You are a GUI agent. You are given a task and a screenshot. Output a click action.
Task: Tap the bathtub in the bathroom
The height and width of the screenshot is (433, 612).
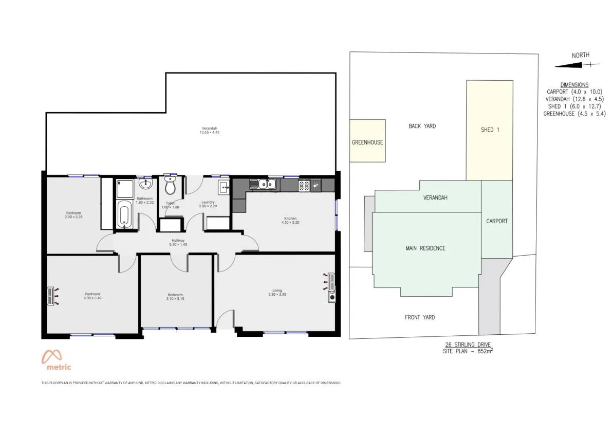click(123, 214)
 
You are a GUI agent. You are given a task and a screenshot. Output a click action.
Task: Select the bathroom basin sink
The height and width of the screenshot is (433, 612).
click(146, 184)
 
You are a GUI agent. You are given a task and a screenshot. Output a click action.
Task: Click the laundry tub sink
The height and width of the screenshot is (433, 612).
click(224, 187)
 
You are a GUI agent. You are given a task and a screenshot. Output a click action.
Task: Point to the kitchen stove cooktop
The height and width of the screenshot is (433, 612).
click(304, 185)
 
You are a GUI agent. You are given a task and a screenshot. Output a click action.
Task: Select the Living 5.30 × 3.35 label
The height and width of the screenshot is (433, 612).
click(277, 292)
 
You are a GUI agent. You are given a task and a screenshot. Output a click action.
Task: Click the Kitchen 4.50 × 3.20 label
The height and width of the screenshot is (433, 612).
click(290, 220)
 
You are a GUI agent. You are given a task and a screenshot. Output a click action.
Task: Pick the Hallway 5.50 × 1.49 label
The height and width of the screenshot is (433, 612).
click(178, 242)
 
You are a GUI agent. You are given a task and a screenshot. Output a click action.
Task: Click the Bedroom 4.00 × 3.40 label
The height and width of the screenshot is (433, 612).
click(92, 296)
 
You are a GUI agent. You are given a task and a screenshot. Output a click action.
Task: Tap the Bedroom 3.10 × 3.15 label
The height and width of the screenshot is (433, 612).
click(175, 296)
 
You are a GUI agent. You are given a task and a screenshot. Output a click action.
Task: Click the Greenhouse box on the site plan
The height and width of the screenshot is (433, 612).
click(367, 141)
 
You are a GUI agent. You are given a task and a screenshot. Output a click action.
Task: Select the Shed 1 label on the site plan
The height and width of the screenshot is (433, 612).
click(490, 130)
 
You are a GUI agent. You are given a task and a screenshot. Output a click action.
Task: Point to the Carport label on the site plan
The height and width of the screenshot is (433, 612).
click(496, 221)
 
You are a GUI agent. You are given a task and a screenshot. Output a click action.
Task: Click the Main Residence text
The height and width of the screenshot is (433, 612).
click(425, 248)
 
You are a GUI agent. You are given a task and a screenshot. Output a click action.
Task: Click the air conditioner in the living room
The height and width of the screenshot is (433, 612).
click(331, 282)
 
